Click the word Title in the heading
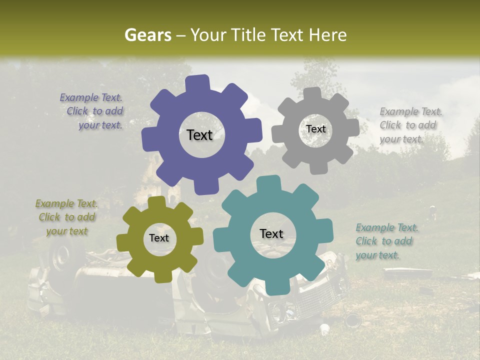(250, 35)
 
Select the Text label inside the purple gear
(199, 135)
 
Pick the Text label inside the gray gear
(315, 129)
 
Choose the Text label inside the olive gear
(159, 238)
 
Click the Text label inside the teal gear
(271, 233)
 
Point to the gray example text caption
(410, 125)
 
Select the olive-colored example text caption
(66, 217)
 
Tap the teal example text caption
(386, 241)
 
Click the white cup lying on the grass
(325, 329)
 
